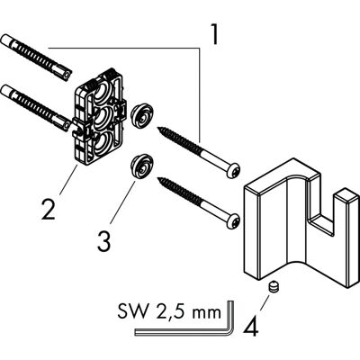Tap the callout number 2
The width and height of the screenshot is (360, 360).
click(49, 210)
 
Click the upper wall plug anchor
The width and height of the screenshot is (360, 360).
click(36, 58)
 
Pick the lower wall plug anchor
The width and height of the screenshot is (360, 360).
click(36, 109)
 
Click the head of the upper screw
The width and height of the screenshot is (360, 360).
click(234, 169)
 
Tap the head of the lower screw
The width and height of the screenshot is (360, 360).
click(233, 220)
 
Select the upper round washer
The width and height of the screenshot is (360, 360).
click(140, 114)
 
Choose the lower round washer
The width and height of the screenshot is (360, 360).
click(139, 166)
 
